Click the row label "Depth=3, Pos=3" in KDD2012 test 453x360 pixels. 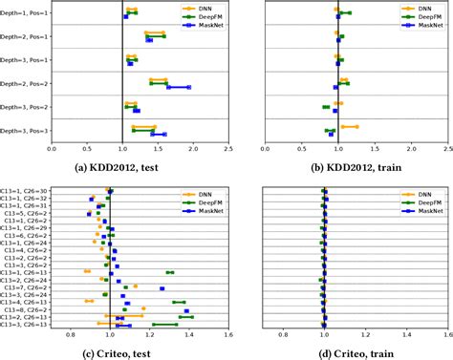pos(25,131)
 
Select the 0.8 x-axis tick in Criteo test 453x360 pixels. pos(70,335)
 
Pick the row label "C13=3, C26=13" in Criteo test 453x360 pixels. pos(26,324)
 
